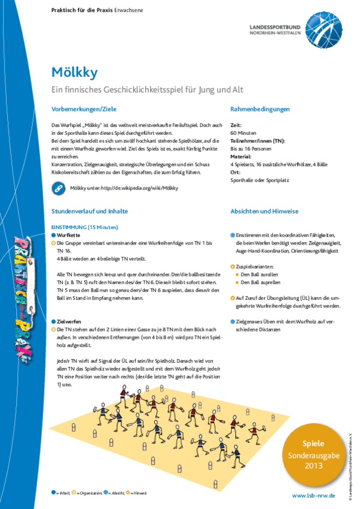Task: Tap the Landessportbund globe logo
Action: [x=322, y=28]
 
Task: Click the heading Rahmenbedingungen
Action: [x=260, y=109]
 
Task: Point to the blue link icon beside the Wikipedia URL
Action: [x=59, y=188]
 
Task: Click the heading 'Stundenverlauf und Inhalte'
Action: [x=90, y=212]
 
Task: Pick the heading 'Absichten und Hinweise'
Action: [x=265, y=212]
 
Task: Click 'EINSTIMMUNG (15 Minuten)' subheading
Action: [x=85, y=228]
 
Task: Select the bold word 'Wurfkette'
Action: [x=69, y=236]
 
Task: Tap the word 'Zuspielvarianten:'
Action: [x=256, y=266]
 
